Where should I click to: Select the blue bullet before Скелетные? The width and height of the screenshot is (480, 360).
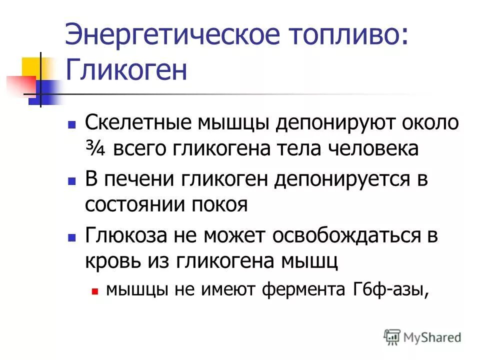(x=71, y=123)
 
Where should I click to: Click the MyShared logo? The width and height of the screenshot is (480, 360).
(x=422, y=337)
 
